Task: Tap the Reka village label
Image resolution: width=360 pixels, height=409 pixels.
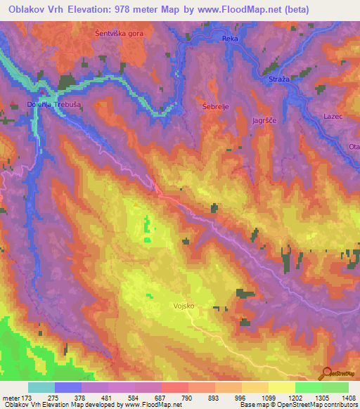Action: click(x=230, y=39)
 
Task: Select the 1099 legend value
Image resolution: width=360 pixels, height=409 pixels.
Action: click(x=258, y=397)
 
